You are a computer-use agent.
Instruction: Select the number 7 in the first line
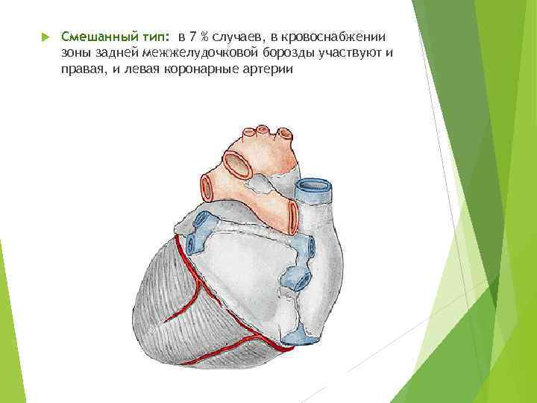pos(193,37)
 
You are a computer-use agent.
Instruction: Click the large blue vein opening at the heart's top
pos(314,184)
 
